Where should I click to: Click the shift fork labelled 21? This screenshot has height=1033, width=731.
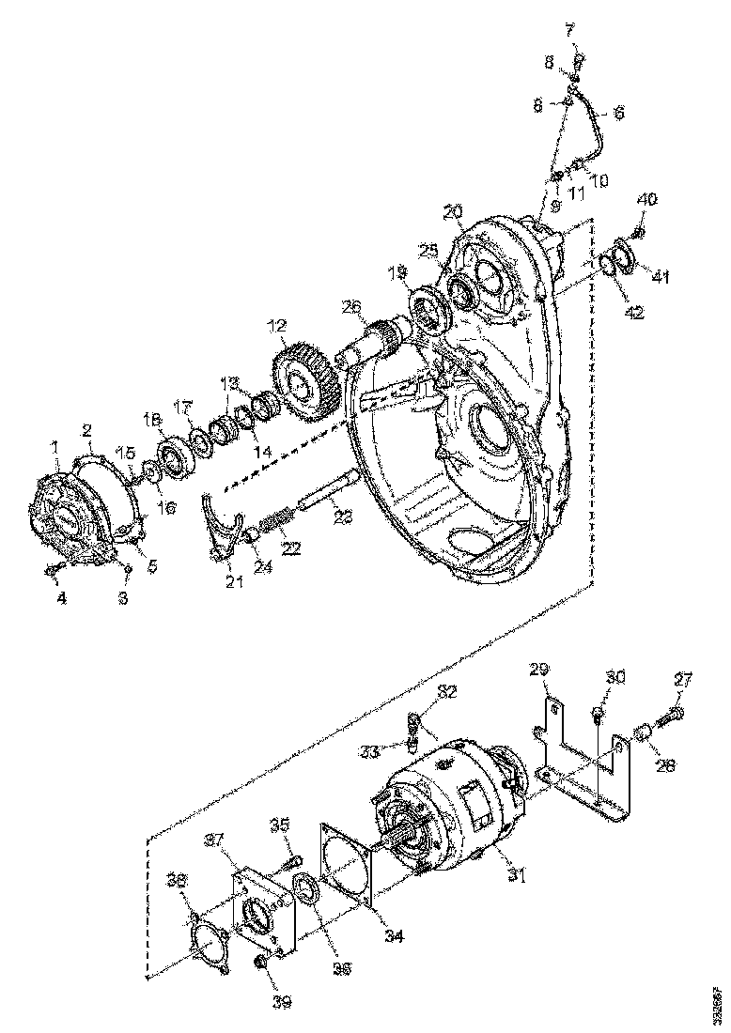pos(222,535)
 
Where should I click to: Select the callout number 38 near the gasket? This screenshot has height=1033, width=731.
pos(175,879)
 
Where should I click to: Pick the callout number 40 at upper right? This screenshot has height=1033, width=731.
pos(648,200)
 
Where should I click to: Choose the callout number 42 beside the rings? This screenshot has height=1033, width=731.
pos(635,313)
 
